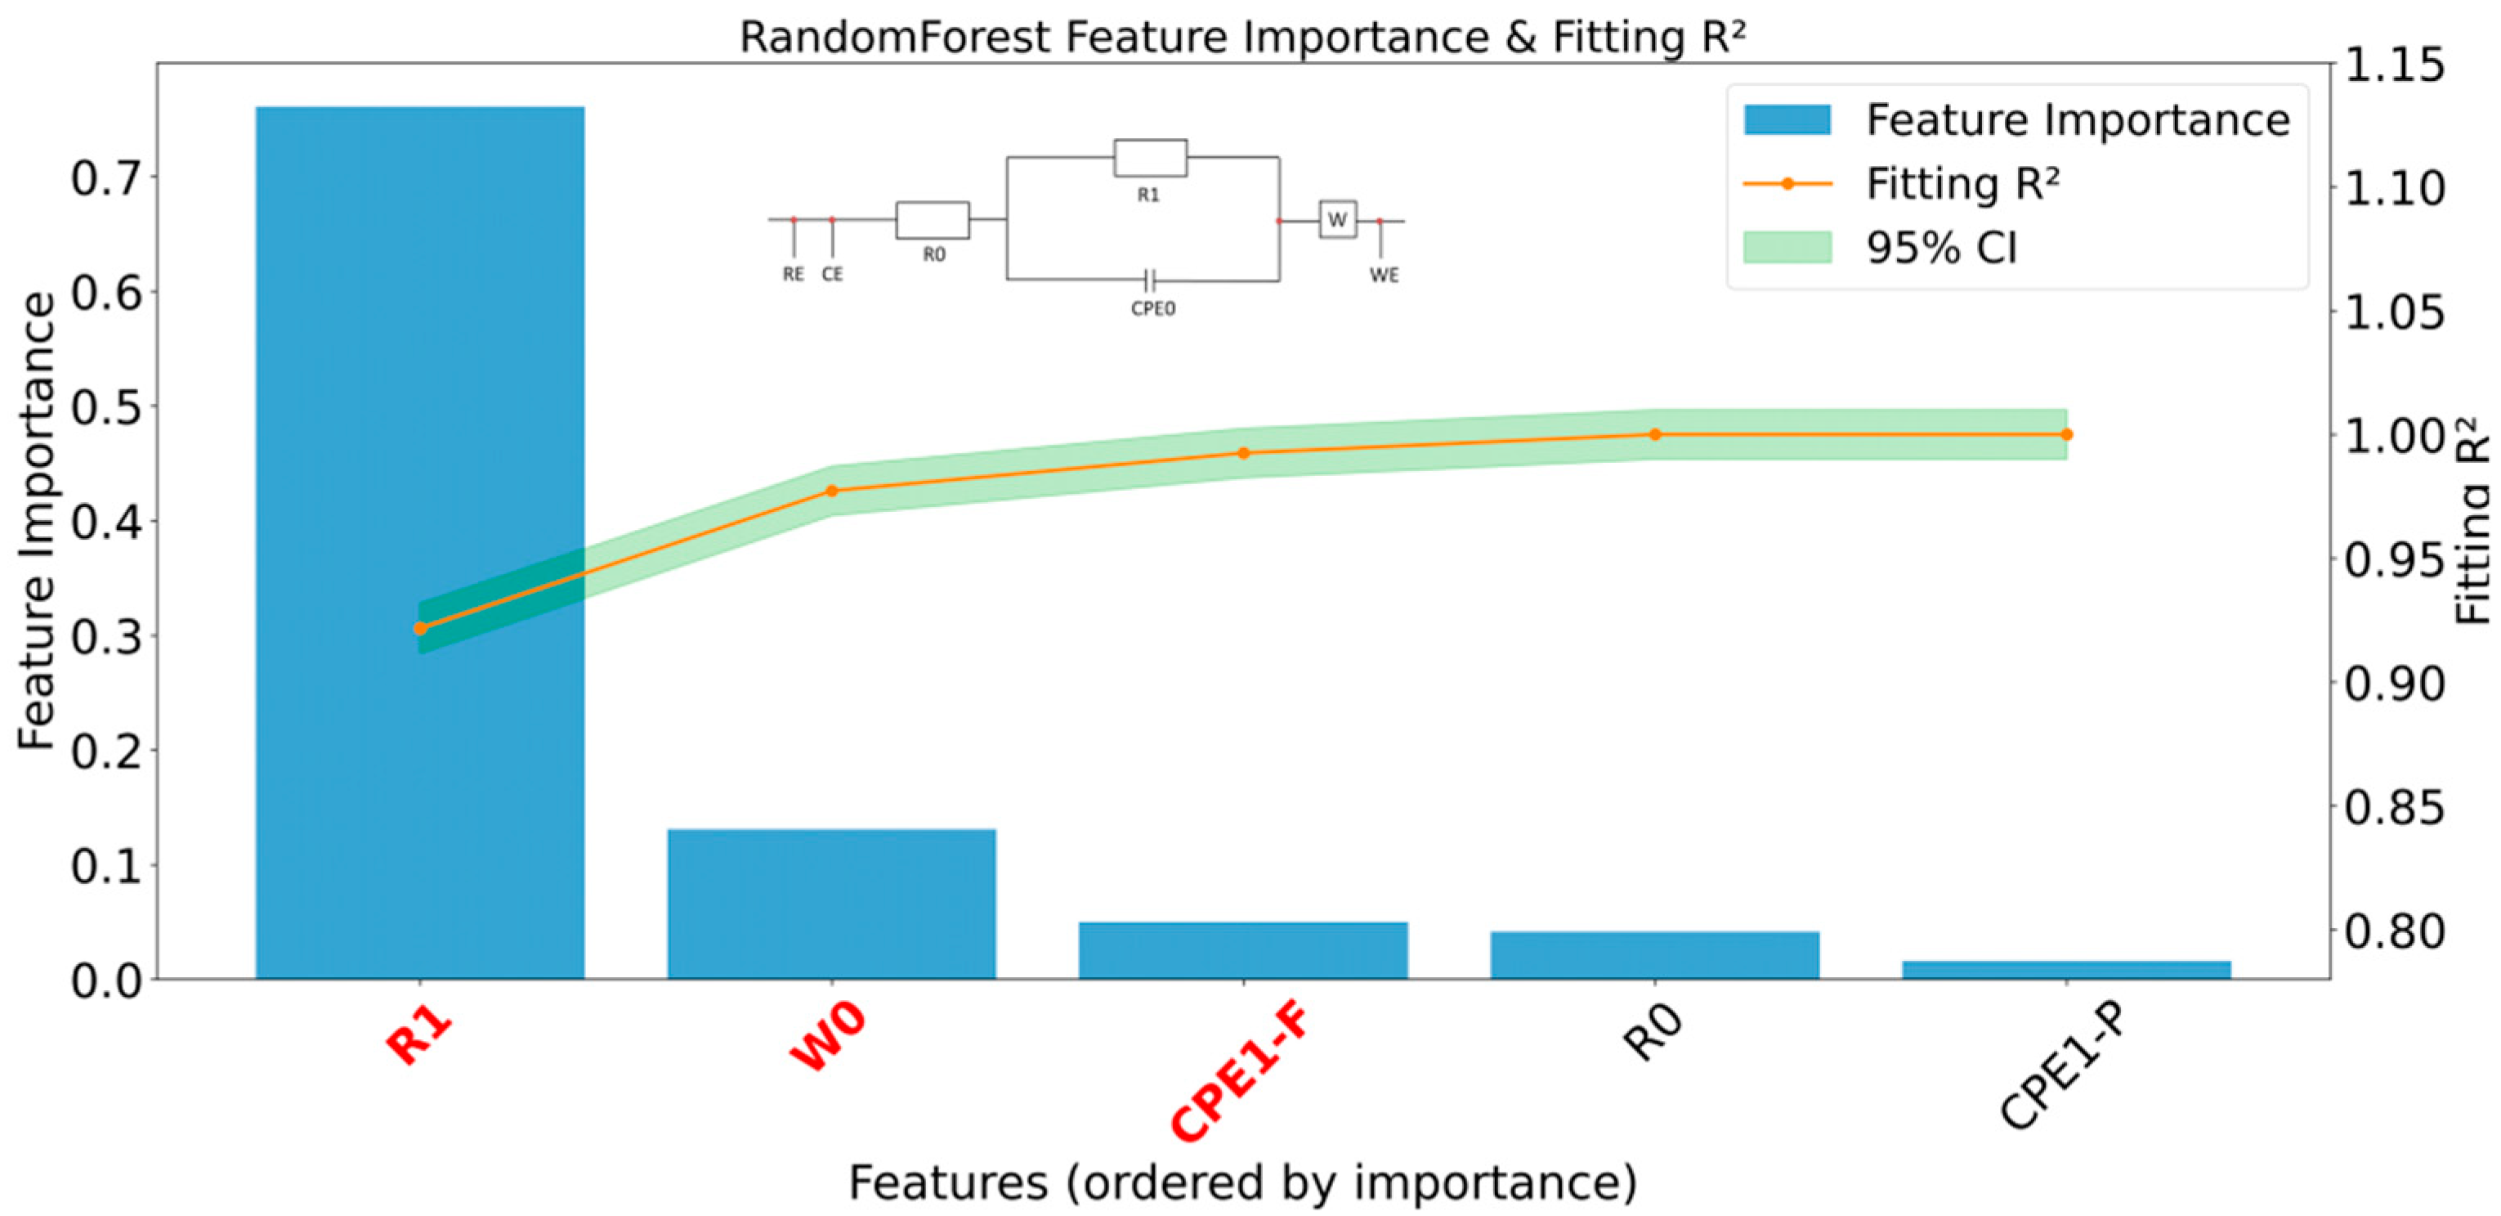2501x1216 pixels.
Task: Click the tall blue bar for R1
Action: (419, 388)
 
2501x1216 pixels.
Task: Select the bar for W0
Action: (831, 904)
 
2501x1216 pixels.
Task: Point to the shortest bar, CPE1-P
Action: (2066, 969)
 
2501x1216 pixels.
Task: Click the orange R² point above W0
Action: (832, 491)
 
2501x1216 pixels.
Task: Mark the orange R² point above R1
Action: (420, 628)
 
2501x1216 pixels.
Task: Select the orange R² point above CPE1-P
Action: (2066, 434)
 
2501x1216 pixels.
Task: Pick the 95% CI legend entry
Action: (1942, 249)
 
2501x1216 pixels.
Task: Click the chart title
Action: (1242, 37)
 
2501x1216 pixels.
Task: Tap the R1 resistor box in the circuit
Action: (1149, 157)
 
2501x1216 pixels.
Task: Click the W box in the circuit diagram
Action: (1337, 219)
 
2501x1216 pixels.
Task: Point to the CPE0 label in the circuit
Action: (1153, 309)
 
